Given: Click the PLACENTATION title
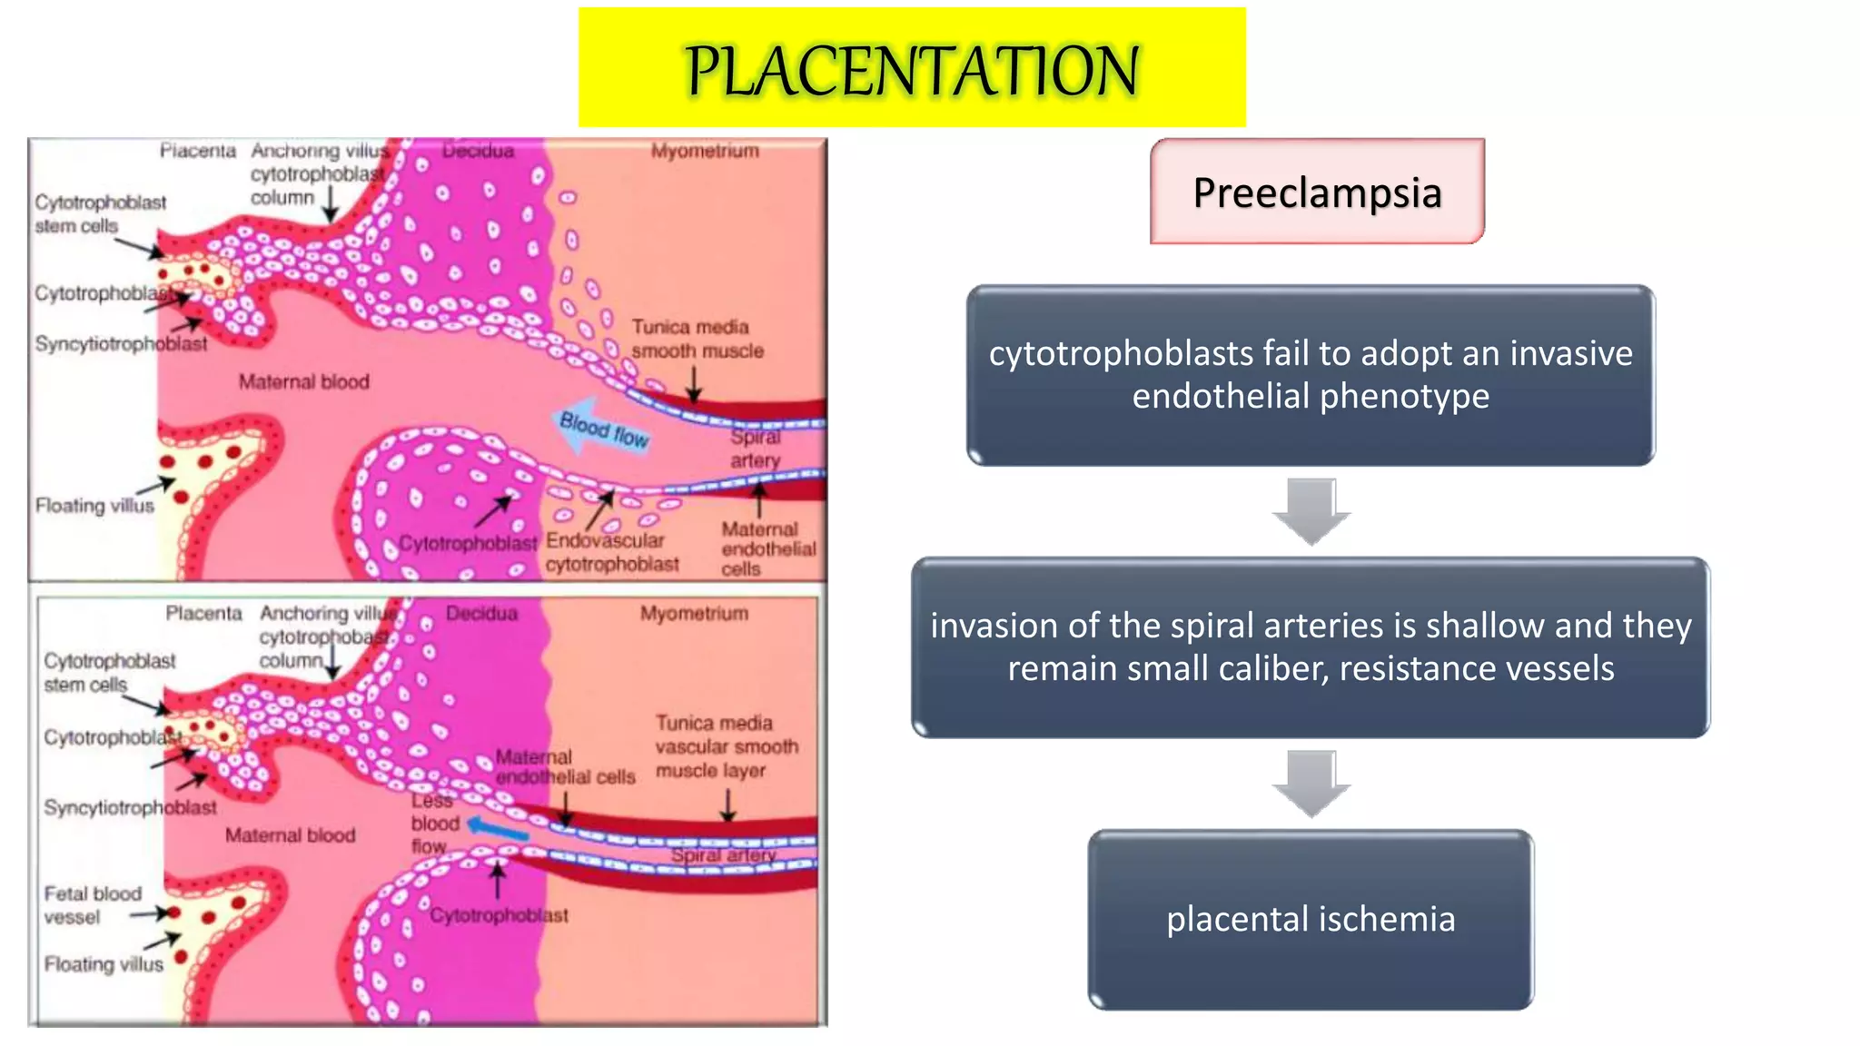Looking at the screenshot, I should click(912, 70).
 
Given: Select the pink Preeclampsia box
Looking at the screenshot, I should click(1317, 192).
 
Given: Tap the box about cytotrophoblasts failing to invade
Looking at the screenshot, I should click(1311, 375).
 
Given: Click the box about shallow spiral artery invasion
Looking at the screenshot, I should click(1311, 646).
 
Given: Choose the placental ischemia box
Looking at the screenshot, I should click(1311, 919).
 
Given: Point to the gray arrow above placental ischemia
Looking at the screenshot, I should click(1311, 783).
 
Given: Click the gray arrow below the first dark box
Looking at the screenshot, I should click(1311, 510).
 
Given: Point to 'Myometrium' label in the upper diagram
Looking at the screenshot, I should click(705, 151).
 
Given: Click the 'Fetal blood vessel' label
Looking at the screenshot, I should click(92, 905).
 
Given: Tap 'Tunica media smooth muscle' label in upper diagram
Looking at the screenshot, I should click(697, 339).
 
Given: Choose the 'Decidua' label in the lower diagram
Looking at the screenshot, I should click(481, 614).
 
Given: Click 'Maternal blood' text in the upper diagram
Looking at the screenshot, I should click(303, 382).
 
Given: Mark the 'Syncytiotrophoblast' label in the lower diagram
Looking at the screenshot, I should click(130, 807).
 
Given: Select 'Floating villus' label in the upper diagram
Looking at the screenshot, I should click(94, 506).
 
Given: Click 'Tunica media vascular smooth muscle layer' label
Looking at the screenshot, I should click(727, 746).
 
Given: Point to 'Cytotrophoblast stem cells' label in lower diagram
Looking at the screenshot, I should click(109, 672).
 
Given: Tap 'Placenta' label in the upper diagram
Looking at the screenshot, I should click(197, 151).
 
